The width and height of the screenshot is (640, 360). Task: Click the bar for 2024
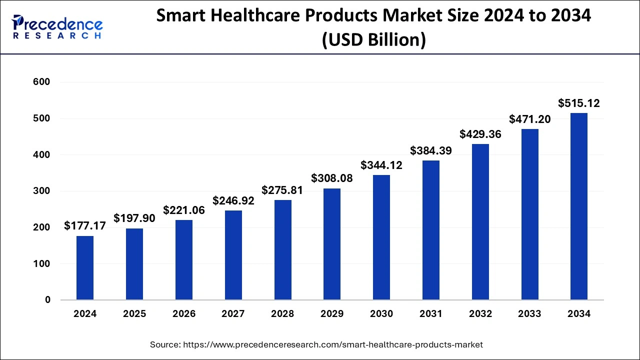[85, 268]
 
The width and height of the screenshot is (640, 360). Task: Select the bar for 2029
[332, 244]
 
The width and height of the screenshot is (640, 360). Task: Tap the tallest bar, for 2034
[579, 206]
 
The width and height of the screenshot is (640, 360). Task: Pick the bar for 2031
[431, 230]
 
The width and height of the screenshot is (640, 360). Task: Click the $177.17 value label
[85, 226]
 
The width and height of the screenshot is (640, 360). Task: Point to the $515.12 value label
[579, 103]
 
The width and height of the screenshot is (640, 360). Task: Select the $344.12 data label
[381, 165]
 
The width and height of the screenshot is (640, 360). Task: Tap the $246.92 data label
[233, 201]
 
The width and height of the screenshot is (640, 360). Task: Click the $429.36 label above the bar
[480, 134]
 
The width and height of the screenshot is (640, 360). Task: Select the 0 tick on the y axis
[47, 300]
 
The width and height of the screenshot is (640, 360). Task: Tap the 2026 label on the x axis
[184, 314]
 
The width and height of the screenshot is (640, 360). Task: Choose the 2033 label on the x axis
[529, 314]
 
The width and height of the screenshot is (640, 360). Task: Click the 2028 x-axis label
[282, 314]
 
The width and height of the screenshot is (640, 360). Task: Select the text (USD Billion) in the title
[373, 39]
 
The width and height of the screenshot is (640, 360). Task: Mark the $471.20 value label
[529, 119]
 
